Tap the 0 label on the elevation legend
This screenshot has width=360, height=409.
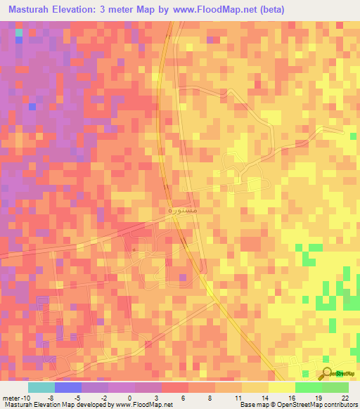click(x=129, y=397)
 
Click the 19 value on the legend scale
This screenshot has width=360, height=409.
click(x=319, y=397)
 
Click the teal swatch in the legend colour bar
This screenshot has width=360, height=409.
click(x=41, y=387)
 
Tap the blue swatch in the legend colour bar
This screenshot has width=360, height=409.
click(x=68, y=387)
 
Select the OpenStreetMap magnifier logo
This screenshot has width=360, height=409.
click(x=327, y=374)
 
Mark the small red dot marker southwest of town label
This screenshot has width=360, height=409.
click(x=134, y=249)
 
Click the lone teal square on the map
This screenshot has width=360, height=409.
click(x=19, y=33)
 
